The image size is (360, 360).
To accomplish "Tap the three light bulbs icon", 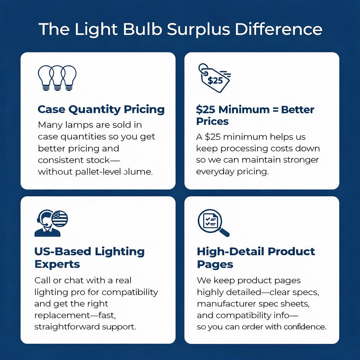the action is click(x=57, y=78).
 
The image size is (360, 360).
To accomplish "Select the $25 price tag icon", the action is click(x=214, y=78).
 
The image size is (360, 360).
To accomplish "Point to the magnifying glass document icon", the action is click(x=213, y=223).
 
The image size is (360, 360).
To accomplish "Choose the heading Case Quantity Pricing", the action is click(x=101, y=110).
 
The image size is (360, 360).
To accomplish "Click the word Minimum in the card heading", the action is click(x=244, y=110).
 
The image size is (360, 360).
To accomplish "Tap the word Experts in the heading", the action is click(x=57, y=264).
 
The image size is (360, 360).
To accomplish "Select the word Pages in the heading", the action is click(x=215, y=264).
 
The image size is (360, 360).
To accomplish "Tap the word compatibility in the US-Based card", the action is click(x=130, y=292).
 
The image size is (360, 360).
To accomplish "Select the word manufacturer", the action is click(x=226, y=304).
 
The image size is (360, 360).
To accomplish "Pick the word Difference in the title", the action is click(x=278, y=30).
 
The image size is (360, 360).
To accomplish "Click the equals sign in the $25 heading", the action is click(x=275, y=110).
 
